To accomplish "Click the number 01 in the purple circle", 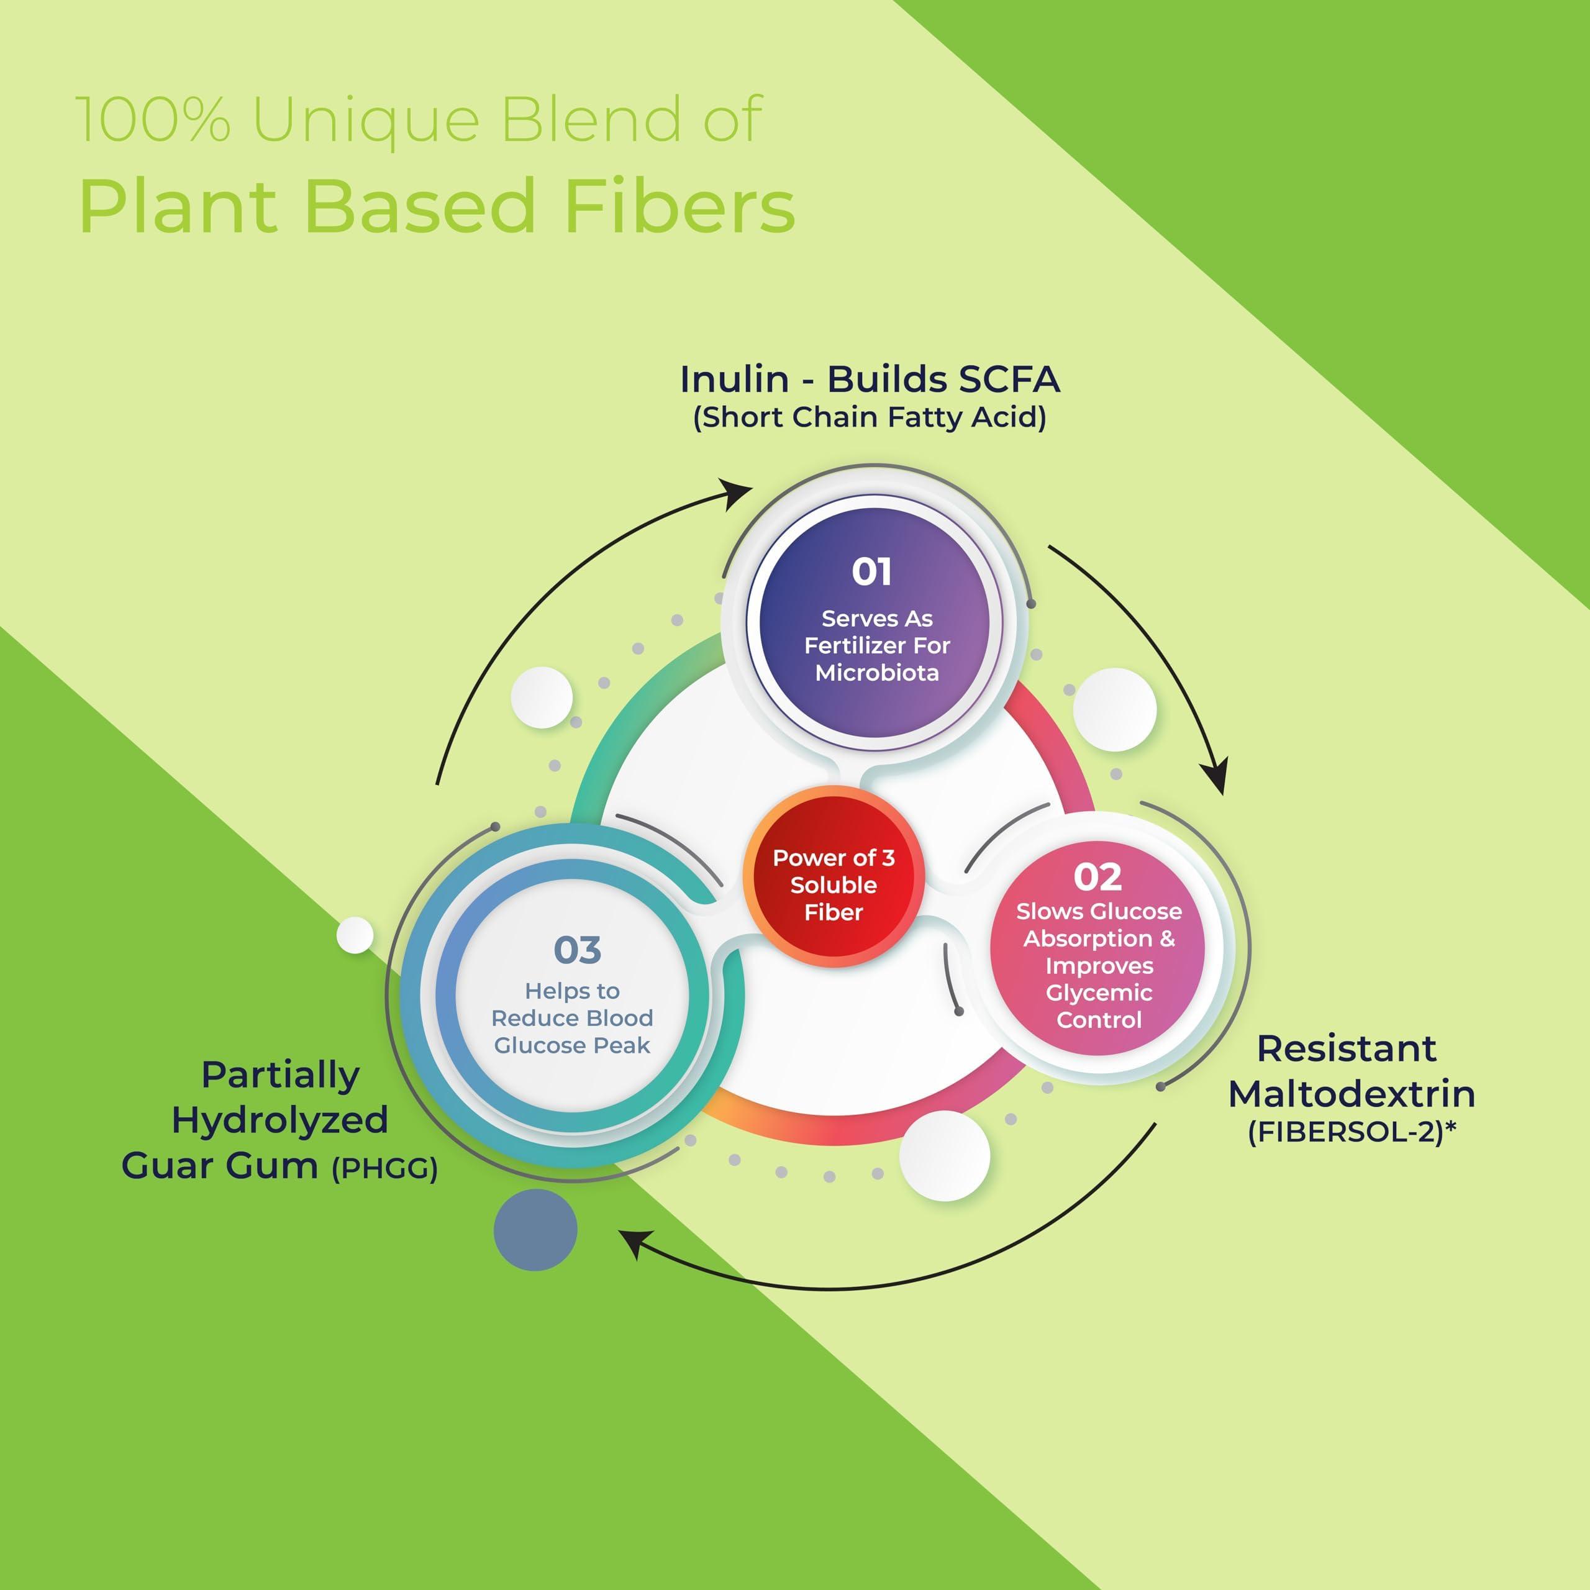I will pyautogui.click(x=871, y=572).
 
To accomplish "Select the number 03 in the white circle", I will pyautogui.click(x=577, y=950).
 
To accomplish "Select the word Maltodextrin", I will pyautogui.click(x=1351, y=1094).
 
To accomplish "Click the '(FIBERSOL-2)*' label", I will pyautogui.click(x=1351, y=1132).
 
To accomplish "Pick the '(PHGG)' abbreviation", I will pyautogui.click(x=384, y=1169).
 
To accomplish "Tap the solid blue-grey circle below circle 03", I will pyautogui.click(x=536, y=1230).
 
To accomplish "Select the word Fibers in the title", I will pyautogui.click(x=679, y=206).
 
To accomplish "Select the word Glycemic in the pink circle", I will pyautogui.click(x=1099, y=993).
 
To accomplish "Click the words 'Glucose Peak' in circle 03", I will pyautogui.click(x=572, y=1045).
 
